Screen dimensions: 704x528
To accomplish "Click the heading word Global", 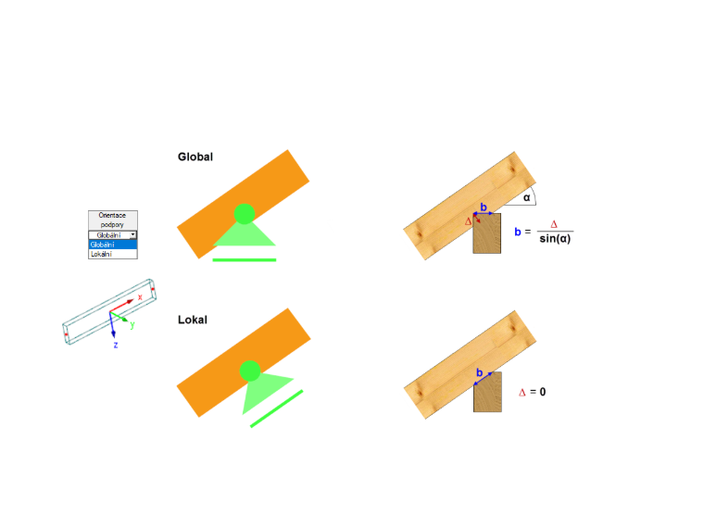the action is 195,157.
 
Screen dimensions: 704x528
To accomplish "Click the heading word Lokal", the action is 193,320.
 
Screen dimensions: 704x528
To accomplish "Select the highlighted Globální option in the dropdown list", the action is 113,245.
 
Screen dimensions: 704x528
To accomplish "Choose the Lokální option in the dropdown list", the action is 113,254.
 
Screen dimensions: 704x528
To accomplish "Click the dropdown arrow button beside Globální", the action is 132,234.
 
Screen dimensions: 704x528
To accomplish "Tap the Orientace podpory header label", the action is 112,220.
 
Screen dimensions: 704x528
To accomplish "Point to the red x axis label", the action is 140,297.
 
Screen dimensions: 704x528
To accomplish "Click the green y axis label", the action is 132,324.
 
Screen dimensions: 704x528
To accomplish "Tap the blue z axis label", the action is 116,345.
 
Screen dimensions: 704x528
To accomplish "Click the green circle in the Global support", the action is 245,214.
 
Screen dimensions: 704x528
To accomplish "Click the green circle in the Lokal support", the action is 250,371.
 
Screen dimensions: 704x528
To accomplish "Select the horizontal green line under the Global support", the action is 245,260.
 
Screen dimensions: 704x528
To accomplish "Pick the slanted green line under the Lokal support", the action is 277,409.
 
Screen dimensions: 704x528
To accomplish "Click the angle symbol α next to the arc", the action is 527,197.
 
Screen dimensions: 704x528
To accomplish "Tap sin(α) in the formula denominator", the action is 555,238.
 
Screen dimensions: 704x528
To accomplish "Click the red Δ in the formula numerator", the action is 554,224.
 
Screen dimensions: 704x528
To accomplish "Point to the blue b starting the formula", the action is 518,232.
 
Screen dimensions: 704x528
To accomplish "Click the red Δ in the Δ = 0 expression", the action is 522,393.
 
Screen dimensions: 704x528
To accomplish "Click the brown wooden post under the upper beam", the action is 487,233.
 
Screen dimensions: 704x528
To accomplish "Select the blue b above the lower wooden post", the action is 480,372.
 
